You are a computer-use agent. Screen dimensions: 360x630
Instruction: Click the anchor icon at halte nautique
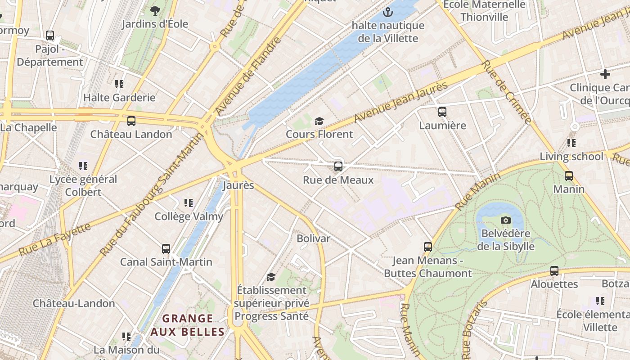point(387,12)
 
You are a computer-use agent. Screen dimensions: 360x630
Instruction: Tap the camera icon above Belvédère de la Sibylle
point(506,220)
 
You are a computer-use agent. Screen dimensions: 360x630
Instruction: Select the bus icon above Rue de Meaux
point(338,166)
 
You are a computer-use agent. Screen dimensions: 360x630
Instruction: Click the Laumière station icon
point(442,112)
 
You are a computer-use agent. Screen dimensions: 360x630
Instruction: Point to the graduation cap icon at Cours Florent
point(319,121)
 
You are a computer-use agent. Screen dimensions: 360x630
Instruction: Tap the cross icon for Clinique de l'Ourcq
point(605,74)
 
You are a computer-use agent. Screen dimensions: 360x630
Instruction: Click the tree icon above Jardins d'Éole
point(155,10)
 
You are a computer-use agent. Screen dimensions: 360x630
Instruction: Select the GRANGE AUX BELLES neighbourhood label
point(187,325)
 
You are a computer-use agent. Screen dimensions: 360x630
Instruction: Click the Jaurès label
point(238,185)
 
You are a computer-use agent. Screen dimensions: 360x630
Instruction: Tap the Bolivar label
point(313,238)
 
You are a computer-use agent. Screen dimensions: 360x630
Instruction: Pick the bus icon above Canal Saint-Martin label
point(166,248)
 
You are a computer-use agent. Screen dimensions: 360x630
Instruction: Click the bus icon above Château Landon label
point(131,121)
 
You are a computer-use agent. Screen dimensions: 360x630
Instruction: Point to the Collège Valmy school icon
point(189,203)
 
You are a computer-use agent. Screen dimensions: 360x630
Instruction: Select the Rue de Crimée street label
point(506,92)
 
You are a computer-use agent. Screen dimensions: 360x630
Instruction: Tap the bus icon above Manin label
point(569,175)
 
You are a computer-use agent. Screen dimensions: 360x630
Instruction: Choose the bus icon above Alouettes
point(554,271)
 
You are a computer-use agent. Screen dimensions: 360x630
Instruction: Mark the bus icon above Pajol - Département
point(50,35)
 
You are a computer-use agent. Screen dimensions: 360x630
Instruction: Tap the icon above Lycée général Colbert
point(83,166)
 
